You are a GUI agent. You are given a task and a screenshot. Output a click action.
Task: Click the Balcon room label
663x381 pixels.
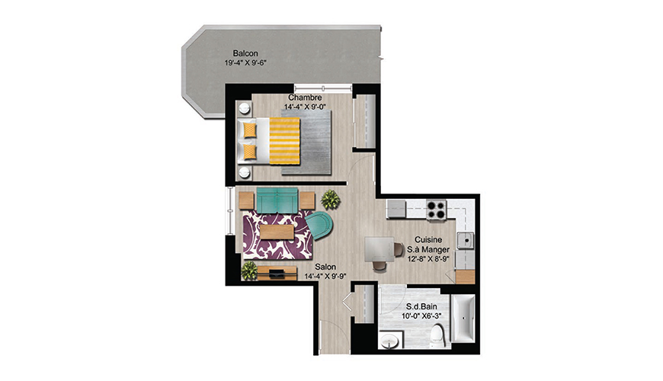pos(245,53)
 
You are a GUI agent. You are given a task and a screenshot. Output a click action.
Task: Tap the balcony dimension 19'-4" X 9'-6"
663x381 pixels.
pos(245,63)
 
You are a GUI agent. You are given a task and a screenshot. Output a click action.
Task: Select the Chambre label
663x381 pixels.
pos(305,98)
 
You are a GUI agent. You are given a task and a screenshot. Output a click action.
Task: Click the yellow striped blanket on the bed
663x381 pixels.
pos(284,141)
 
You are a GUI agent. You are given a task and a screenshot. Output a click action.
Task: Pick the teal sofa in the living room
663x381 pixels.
pos(277,200)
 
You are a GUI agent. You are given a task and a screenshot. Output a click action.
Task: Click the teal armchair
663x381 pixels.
pos(319,226)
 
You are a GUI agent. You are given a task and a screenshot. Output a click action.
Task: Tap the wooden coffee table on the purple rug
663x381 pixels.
pos(277,232)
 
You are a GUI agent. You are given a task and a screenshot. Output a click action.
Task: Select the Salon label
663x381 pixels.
pos(325,267)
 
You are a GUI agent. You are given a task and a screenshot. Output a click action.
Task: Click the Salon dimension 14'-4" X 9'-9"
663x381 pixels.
pos(325,277)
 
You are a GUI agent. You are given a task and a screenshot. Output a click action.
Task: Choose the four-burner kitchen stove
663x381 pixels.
pos(437,210)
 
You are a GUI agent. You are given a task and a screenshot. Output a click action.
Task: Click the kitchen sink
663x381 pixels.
pos(465,240)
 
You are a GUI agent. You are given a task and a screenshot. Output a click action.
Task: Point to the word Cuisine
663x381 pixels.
pos(428,240)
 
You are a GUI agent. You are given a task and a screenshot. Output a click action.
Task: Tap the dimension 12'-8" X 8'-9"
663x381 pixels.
pos(428,259)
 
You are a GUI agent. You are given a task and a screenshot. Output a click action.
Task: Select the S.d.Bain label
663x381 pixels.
pos(421,306)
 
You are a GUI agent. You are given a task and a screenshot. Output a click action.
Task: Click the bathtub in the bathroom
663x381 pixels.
pos(463,318)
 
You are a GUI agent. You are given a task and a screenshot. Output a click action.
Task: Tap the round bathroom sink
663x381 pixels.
pos(389,341)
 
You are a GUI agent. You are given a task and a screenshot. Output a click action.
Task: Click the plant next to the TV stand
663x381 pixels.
pos(249,271)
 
